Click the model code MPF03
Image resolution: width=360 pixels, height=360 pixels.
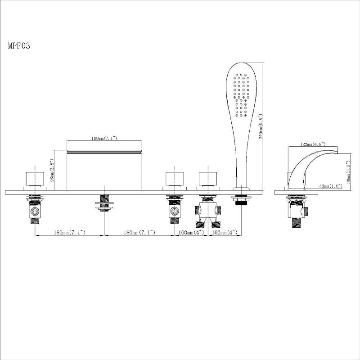[x=19, y=46]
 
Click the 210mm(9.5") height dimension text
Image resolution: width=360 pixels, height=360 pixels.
[x=261, y=127]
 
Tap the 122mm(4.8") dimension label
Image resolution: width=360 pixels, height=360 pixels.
[x=313, y=144]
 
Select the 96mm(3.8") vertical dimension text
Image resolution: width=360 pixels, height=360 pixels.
[x=52, y=171]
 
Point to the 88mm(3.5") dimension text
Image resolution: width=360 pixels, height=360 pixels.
[x=348, y=171]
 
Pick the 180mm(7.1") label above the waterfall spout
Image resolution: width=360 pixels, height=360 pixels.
[x=104, y=138]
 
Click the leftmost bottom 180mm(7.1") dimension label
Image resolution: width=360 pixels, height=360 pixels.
[x=70, y=232]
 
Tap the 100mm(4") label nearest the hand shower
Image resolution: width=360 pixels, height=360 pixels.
[x=225, y=232]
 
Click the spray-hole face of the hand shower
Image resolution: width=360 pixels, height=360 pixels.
[x=241, y=94]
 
